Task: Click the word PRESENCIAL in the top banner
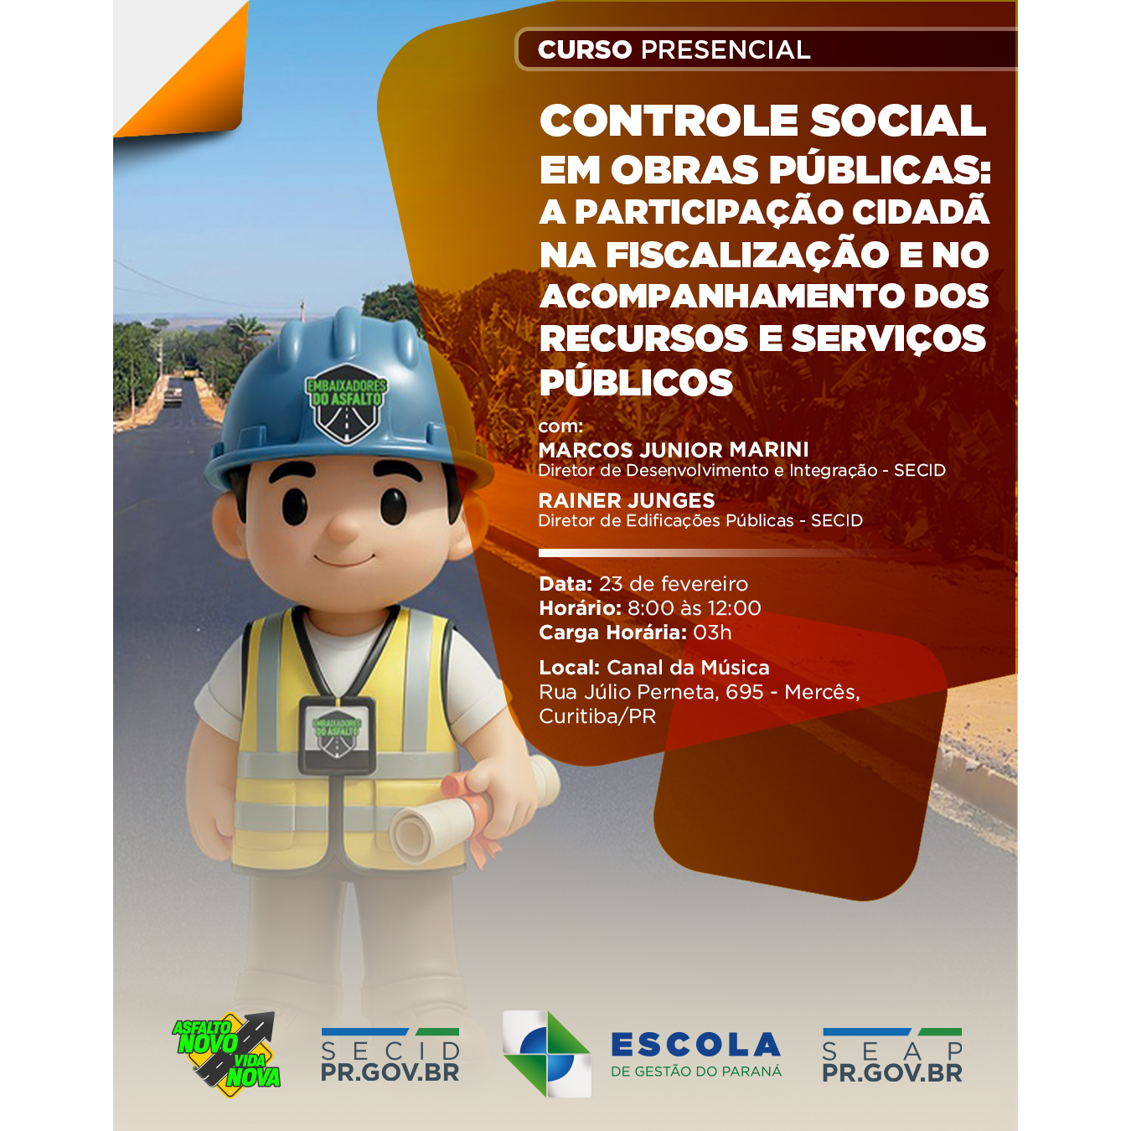[x=726, y=49]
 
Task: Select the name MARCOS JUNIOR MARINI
[x=674, y=450]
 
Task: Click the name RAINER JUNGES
[x=627, y=500]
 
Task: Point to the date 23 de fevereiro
[x=674, y=584]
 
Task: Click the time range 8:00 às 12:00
[x=695, y=608]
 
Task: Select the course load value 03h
[x=712, y=633]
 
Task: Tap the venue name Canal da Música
[x=688, y=668]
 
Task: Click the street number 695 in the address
[x=745, y=692]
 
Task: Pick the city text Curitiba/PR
[x=597, y=716]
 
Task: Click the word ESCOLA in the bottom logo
[x=696, y=1046]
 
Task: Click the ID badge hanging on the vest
[x=337, y=735]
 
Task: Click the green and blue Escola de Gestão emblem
[x=547, y=1053]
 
